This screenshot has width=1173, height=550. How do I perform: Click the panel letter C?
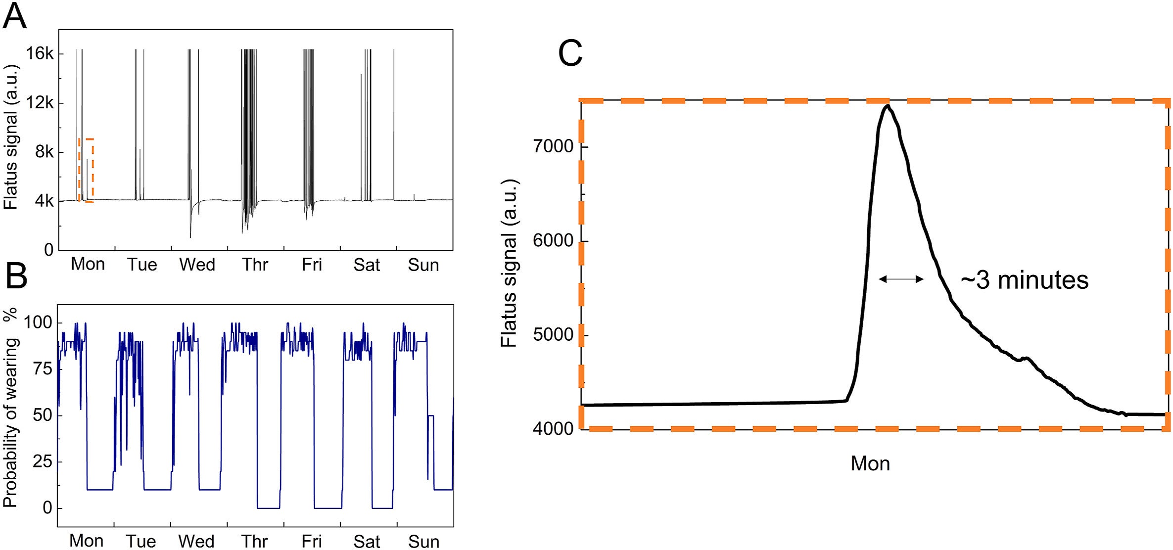570,53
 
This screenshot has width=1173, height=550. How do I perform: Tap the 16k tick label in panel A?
40,53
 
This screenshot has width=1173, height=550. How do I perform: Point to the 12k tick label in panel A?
40,103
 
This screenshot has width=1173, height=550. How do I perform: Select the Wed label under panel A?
197,265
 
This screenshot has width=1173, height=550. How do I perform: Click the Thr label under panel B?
254,541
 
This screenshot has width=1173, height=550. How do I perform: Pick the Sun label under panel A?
423,265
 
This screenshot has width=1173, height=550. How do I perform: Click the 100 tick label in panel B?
38,322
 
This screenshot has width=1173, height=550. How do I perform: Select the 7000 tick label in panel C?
553,146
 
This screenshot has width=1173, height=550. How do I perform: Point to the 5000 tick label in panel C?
553,335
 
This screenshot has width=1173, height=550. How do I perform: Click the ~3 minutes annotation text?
1024,280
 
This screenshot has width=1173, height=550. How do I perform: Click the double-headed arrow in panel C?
901,279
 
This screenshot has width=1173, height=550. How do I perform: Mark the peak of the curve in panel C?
888,106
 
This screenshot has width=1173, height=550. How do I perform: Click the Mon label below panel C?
870,464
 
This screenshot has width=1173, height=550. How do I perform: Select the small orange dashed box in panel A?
86,170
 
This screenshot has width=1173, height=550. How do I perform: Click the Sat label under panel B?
366,542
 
